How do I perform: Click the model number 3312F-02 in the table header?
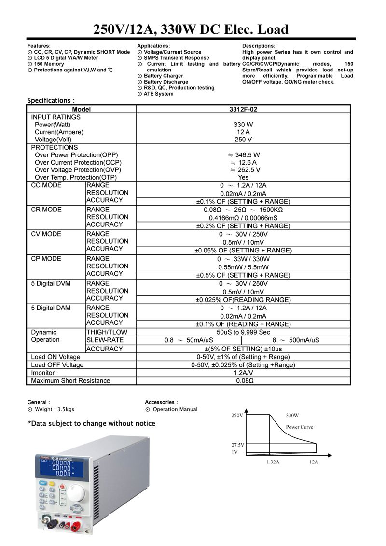pos(243,110)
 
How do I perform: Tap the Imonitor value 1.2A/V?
pos(243,373)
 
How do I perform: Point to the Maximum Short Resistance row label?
pos(70,381)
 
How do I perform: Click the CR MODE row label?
pos(46,210)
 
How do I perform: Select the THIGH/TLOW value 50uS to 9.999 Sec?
pos(243,332)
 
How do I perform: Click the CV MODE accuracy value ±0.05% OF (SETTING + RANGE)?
pos(243,251)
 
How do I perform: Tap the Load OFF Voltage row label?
pos(57,365)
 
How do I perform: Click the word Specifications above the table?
pos(49,100)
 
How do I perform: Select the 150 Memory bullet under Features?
pos(45,64)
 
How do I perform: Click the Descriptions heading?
pos(259,46)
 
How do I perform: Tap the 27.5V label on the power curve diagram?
pos(238,444)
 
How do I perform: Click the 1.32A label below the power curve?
pos(273,462)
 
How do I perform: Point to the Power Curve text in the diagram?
pos(300,427)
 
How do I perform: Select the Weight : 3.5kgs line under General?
pos(51,409)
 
